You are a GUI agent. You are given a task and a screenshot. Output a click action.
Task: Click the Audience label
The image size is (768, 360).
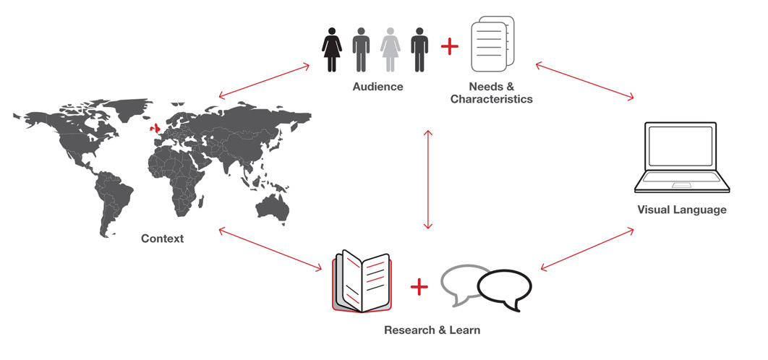tap(377, 87)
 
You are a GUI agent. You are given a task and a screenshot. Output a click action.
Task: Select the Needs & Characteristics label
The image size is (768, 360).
tap(491, 93)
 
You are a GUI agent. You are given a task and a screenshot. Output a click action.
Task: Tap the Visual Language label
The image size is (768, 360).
tap(681, 210)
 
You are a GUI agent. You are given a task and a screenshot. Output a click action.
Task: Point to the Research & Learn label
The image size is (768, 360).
tap(432, 330)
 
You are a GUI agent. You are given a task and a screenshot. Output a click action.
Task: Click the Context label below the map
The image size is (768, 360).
tap(162, 239)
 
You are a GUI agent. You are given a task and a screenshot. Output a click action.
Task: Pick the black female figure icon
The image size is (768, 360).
tap(332, 49)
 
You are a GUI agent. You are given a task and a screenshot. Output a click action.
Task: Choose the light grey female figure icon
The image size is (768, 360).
tap(390, 49)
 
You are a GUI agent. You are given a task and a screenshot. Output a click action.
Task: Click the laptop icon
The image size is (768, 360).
tap(680, 158)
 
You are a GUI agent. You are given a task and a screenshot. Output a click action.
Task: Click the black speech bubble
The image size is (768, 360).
tap(504, 289)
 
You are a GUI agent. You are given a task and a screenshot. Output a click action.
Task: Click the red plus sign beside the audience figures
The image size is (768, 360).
tap(450, 47)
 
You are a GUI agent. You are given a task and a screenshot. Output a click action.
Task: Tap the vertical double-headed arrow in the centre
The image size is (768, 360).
tap(429, 179)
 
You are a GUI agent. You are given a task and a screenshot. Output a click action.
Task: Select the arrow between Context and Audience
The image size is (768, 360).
tap(264, 80)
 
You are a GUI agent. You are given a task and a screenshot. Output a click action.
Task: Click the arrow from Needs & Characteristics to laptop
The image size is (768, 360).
tap(585, 80)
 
